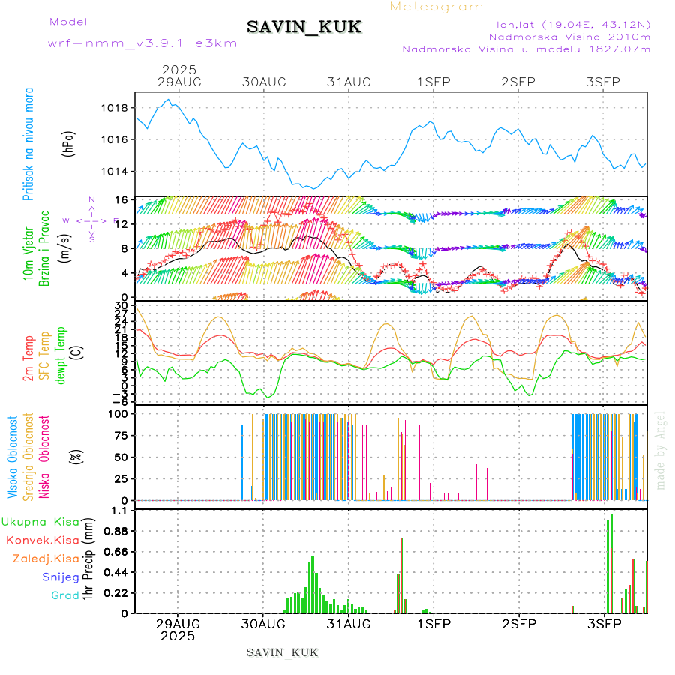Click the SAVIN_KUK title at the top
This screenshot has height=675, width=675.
click(304, 28)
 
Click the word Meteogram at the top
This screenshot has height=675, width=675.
click(437, 7)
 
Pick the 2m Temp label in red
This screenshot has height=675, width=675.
click(28, 358)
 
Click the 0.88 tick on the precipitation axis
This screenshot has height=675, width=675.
click(115, 531)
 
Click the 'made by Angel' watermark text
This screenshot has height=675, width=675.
click(661, 450)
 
